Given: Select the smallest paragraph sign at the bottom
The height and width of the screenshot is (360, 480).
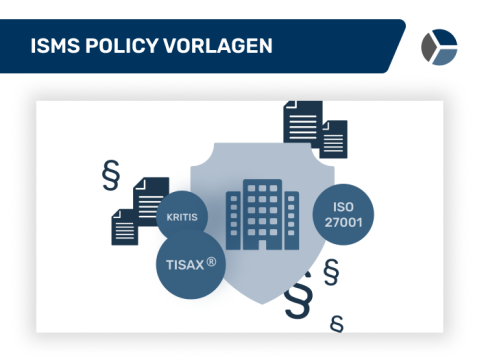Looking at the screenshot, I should (336, 322).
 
